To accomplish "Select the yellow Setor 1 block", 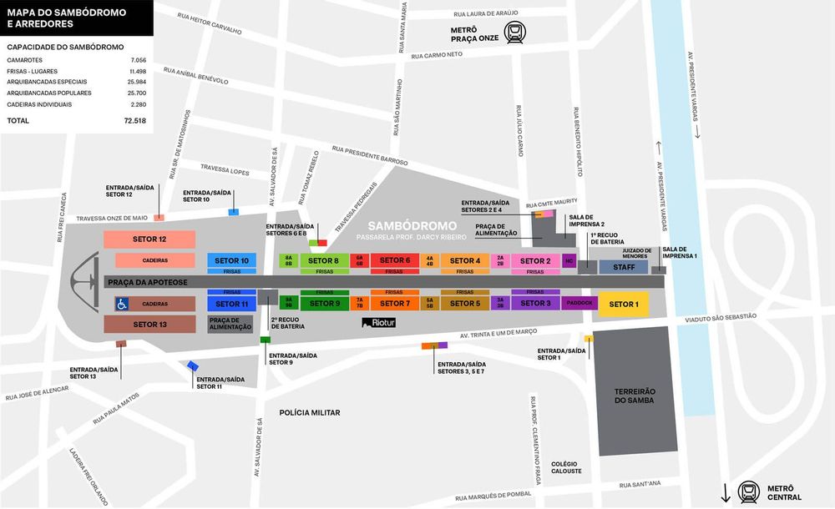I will point(623,304).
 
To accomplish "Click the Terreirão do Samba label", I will point(635,396).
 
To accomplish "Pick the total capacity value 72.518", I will point(134,120).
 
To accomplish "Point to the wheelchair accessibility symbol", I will point(121,304).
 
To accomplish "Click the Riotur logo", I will point(381,322).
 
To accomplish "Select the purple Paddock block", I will point(579,303).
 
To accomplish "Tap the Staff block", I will point(623,267).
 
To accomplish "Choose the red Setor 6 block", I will point(395,260).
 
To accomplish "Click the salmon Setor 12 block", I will point(149,239).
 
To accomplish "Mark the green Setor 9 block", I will point(325,303).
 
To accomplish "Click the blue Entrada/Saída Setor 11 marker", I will point(193,365).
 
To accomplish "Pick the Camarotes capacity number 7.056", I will point(138,61).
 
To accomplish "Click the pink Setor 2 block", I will point(535,260).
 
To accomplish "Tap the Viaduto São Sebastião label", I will point(719,317).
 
